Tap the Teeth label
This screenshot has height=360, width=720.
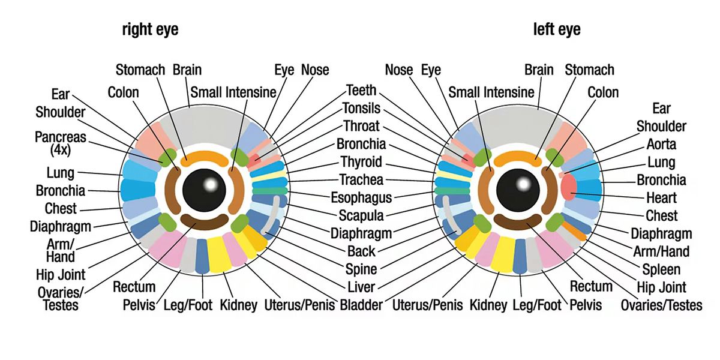pyautogui.click(x=361, y=91)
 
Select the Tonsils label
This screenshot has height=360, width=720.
pyautogui.click(x=361, y=109)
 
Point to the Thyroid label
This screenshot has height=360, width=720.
pyautogui.click(x=361, y=162)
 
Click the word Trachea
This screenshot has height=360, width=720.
pyautogui.click(x=361, y=179)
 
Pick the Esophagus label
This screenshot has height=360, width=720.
pyautogui.click(x=361, y=197)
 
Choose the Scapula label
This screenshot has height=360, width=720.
pyautogui.click(x=361, y=215)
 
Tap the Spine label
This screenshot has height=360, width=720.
pyautogui.click(x=361, y=269)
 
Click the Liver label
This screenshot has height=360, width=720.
pyautogui.click(x=361, y=287)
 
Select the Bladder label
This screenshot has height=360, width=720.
pyautogui.click(x=361, y=305)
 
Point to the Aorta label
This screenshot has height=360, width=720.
pyautogui.click(x=661, y=144)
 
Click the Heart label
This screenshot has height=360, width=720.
pyautogui.click(x=661, y=197)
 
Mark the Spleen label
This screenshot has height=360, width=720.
pyautogui.click(x=661, y=269)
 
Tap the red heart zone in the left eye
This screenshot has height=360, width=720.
pyautogui.click(x=568, y=188)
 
